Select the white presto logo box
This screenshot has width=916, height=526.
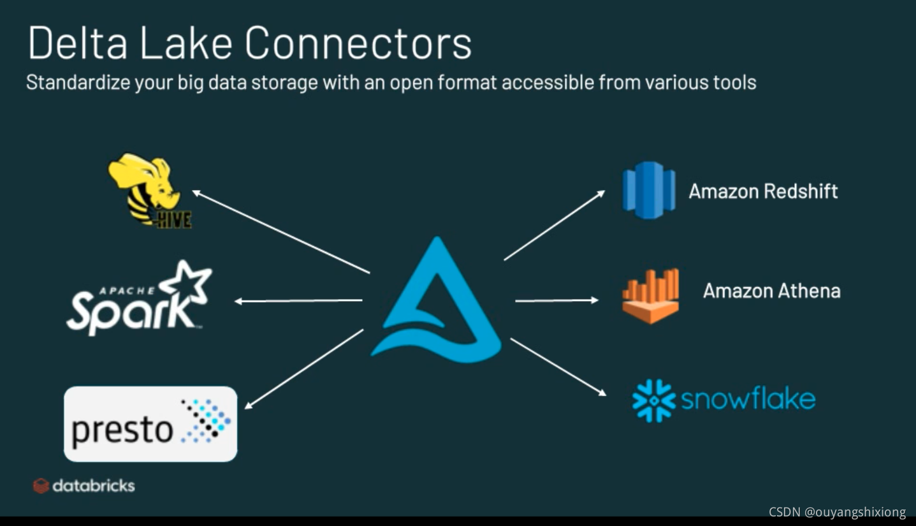(x=150, y=423)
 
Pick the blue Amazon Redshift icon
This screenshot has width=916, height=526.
(x=648, y=191)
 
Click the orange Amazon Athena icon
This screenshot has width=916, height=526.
(x=650, y=295)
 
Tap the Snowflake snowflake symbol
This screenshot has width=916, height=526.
(x=653, y=400)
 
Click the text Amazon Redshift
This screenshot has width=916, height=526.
(x=763, y=191)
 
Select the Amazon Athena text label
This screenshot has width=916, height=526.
(x=771, y=291)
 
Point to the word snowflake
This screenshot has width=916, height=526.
(x=748, y=399)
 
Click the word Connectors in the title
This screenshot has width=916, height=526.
(x=358, y=43)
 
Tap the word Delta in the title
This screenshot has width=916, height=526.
(x=77, y=43)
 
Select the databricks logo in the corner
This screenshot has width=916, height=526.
(x=84, y=486)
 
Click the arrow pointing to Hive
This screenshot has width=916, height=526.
(x=280, y=231)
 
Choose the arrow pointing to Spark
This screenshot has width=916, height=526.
(x=298, y=300)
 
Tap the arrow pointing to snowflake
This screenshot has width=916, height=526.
(x=558, y=367)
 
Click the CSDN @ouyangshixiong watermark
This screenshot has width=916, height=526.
(x=837, y=512)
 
